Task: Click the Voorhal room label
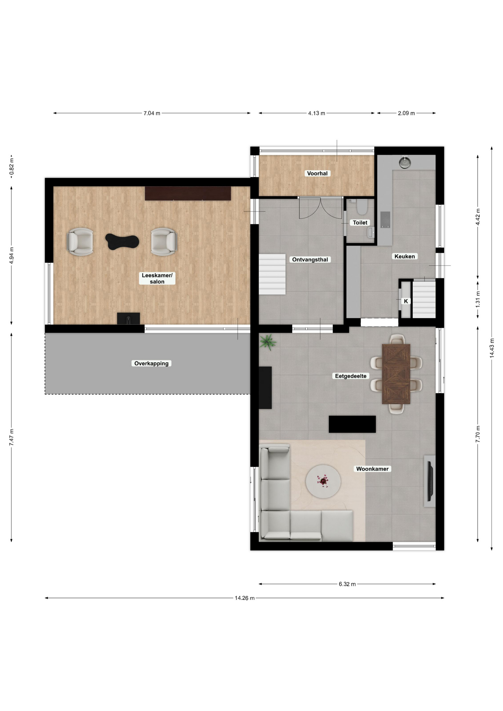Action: (x=317, y=173)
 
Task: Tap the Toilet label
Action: (x=360, y=223)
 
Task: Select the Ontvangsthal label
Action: (x=310, y=260)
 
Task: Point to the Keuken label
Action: (x=404, y=256)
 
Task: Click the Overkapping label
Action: (x=151, y=364)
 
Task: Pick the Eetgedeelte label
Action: (x=351, y=376)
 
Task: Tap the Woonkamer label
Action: (x=372, y=469)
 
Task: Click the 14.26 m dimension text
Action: (x=244, y=598)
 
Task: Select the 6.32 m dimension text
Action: (x=347, y=584)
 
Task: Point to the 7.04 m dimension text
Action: (x=152, y=113)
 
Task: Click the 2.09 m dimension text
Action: (x=406, y=113)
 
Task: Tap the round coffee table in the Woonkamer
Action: (x=323, y=481)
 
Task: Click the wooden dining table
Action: (x=396, y=374)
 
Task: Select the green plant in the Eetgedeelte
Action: (x=268, y=342)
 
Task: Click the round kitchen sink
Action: (x=405, y=163)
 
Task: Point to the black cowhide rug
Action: (x=122, y=241)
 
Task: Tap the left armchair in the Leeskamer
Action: (x=80, y=242)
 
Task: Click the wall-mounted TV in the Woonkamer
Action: (x=430, y=481)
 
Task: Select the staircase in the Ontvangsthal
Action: (x=272, y=274)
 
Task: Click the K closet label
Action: (x=406, y=301)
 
